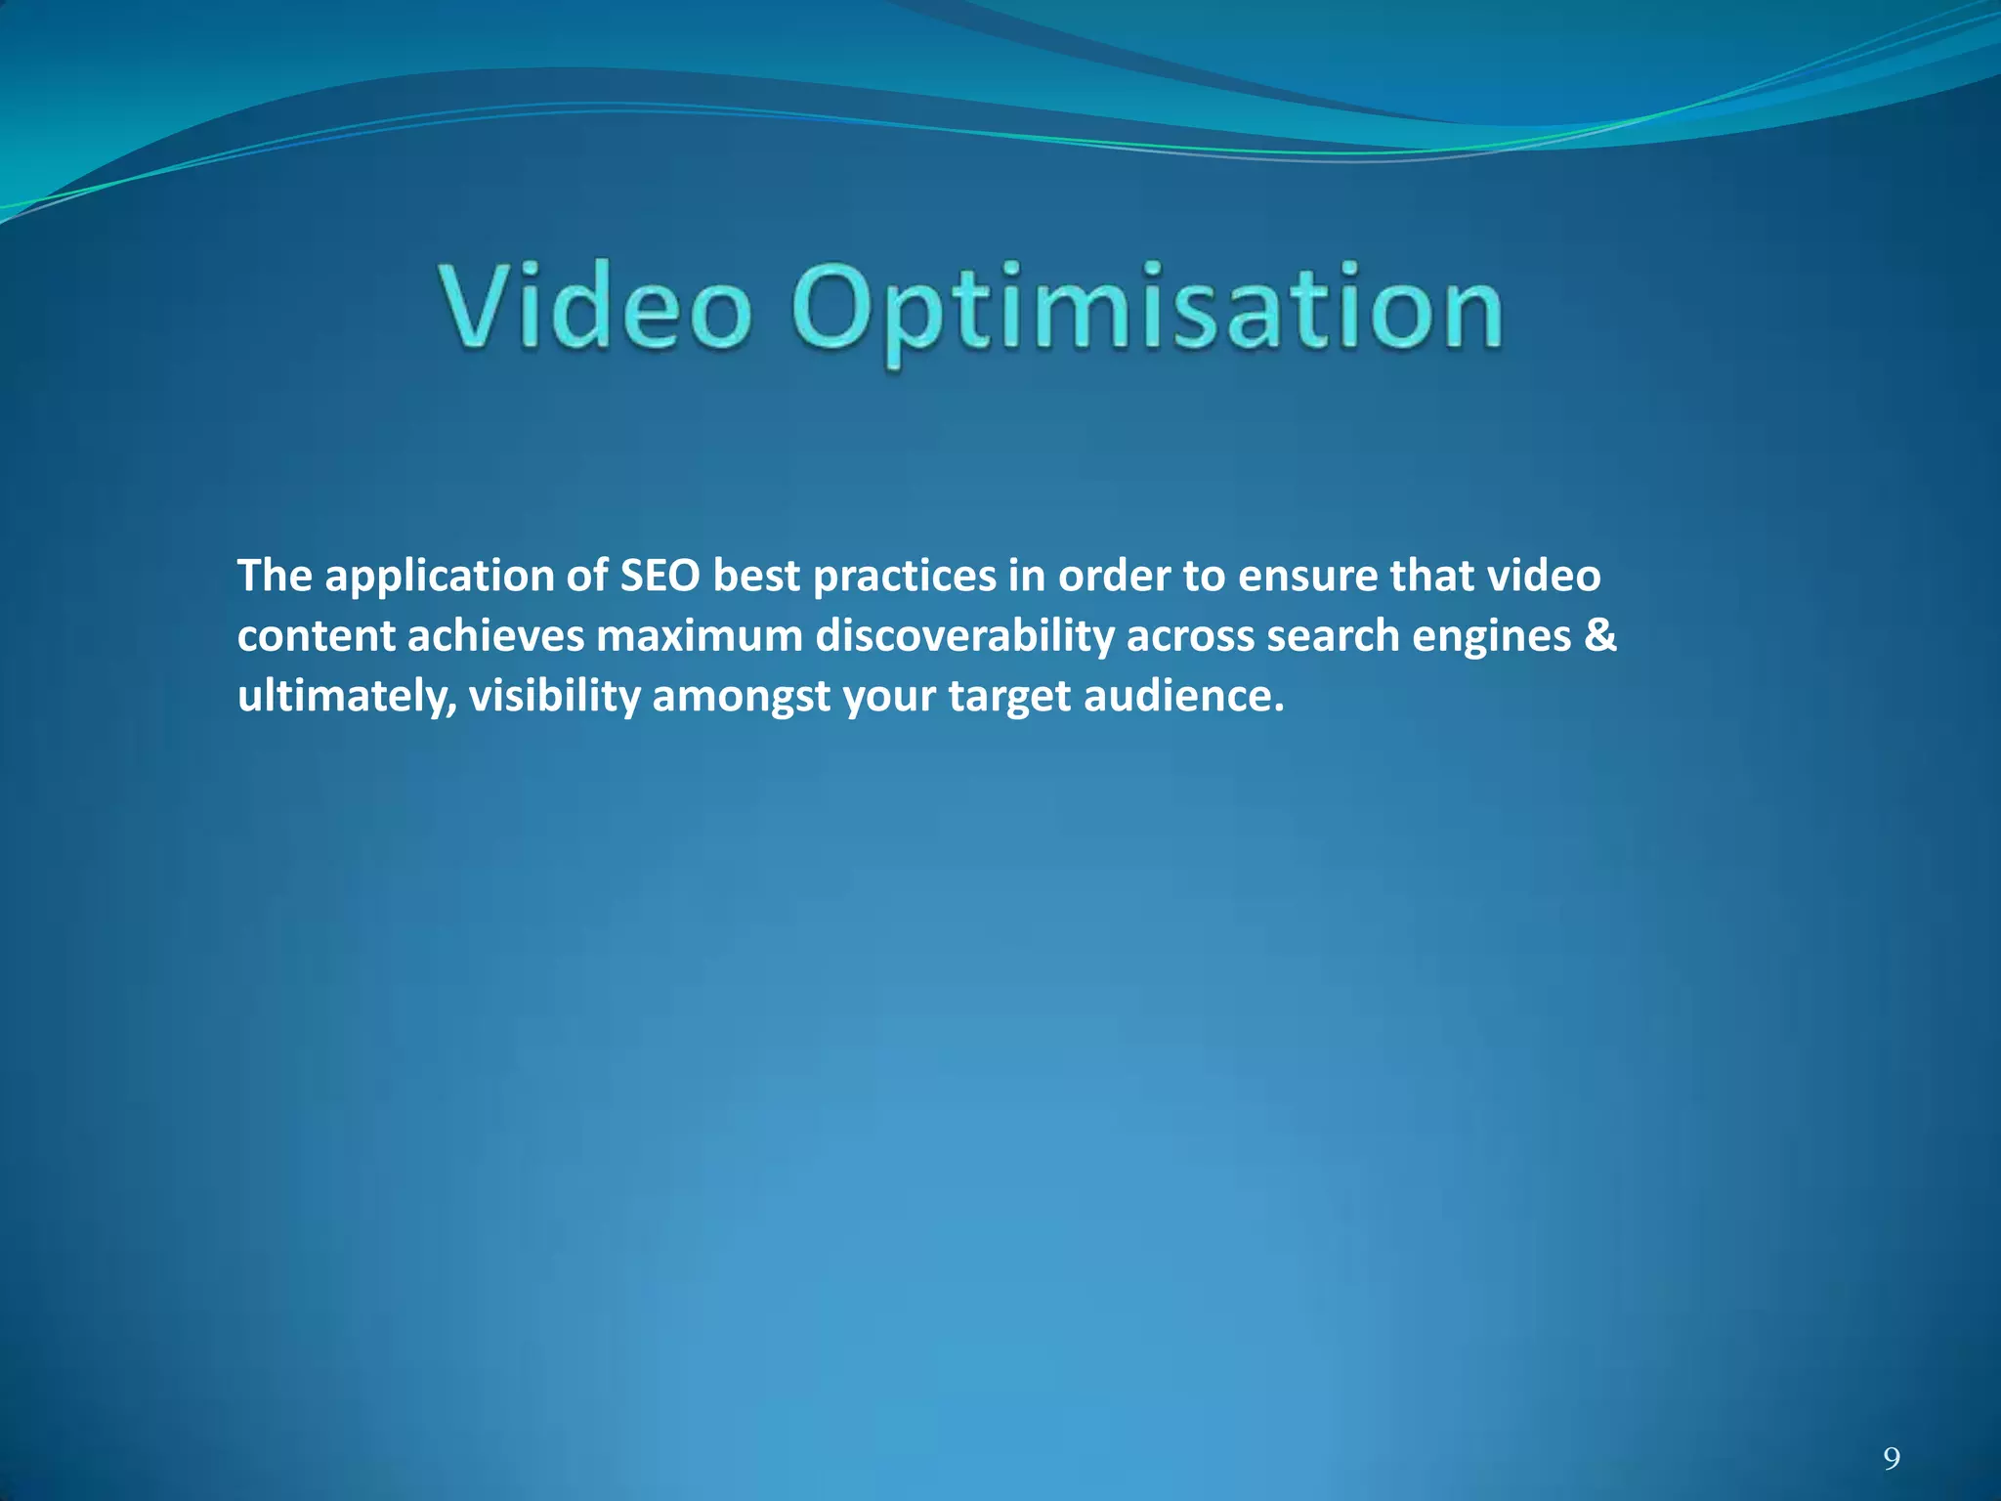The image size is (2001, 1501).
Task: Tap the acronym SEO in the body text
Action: click(x=660, y=576)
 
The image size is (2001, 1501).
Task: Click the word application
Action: click(x=439, y=578)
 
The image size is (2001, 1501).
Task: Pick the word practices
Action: click(x=904, y=578)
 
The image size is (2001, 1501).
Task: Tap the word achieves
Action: click(x=495, y=636)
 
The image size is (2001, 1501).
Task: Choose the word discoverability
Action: click(x=964, y=636)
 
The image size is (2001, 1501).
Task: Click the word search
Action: click(x=1333, y=636)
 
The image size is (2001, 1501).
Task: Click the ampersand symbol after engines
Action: click(x=1600, y=635)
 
